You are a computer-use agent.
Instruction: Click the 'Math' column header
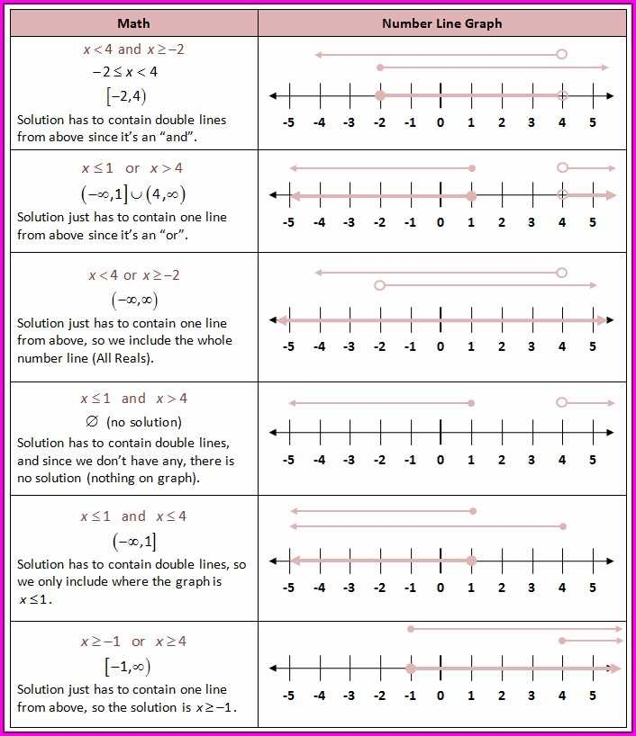[x=133, y=23]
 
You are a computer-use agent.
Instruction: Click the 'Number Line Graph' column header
[x=441, y=23]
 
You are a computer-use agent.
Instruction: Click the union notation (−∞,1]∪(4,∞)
[x=133, y=193]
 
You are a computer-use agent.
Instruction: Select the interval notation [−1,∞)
[x=127, y=667]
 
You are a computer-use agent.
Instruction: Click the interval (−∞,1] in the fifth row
[x=133, y=542]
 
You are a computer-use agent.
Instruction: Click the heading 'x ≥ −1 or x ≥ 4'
[x=133, y=642]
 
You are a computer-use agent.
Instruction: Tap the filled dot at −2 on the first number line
[x=380, y=95]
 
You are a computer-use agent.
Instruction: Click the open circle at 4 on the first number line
[x=562, y=95]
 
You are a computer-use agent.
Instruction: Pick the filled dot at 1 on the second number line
[x=471, y=195]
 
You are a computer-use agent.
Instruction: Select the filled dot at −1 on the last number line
[x=410, y=669]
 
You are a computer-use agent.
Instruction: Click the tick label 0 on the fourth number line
[x=441, y=460]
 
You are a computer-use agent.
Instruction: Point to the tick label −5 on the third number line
[x=288, y=346]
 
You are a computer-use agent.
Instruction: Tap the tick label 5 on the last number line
[x=593, y=695]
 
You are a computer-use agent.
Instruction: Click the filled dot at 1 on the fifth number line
[x=471, y=561]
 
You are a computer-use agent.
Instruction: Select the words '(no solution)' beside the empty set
[x=144, y=422]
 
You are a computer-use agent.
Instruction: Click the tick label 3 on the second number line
[x=532, y=222]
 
